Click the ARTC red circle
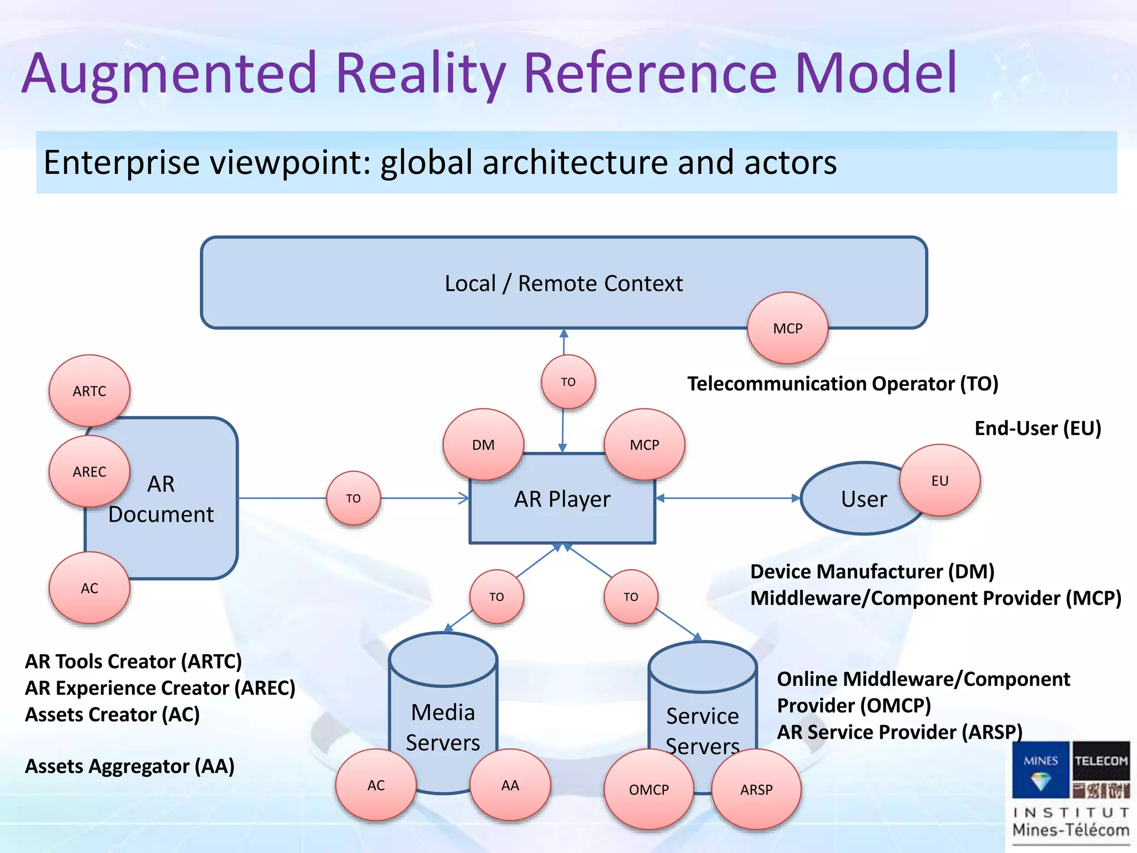tap(89, 391)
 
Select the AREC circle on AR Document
tap(89, 471)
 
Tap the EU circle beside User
tap(939, 480)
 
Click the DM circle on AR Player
tap(483, 445)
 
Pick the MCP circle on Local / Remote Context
tap(787, 328)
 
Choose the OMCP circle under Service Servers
tap(648, 789)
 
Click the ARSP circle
tap(756, 789)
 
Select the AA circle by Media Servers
tap(510, 785)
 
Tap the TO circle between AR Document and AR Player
tap(353, 498)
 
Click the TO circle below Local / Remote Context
tap(568, 382)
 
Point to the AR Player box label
tap(562, 499)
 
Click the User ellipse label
tap(863, 499)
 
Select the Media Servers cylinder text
tap(442, 727)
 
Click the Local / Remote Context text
tap(564, 283)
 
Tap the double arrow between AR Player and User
tap(727, 498)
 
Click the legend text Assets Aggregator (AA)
tap(130, 766)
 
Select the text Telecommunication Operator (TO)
tap(842, 384)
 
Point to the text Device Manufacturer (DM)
tap(872, 571)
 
